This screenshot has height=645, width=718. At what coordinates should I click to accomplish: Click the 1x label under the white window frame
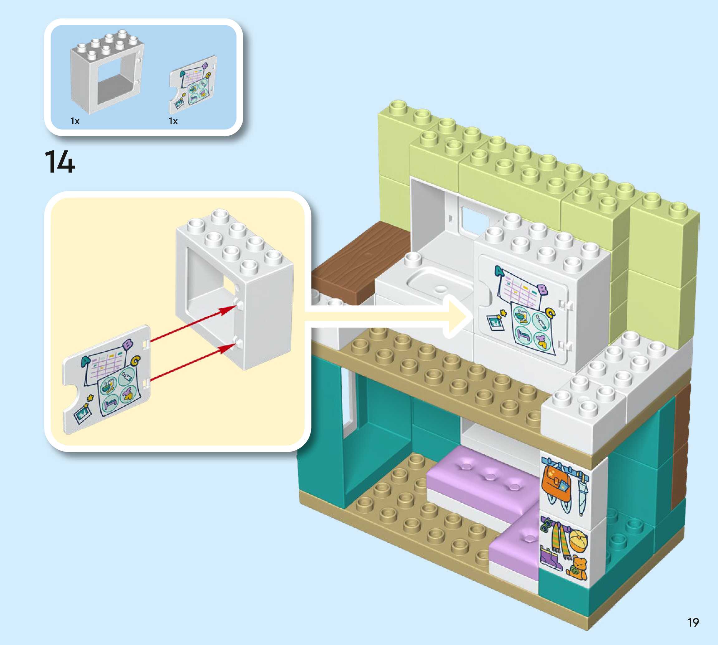pyautogui.click(x=75, y=121)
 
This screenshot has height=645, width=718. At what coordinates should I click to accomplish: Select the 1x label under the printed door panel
pyautogui.click(x=173, y=121)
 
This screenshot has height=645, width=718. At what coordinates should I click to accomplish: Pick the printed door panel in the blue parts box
pyautogui.click(x=193, y=85)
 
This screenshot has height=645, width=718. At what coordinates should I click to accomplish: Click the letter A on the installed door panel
pyautogui.click(x=499, y=271)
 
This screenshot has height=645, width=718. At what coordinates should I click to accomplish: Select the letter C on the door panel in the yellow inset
pyautogui.click(x=136, y=361)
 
